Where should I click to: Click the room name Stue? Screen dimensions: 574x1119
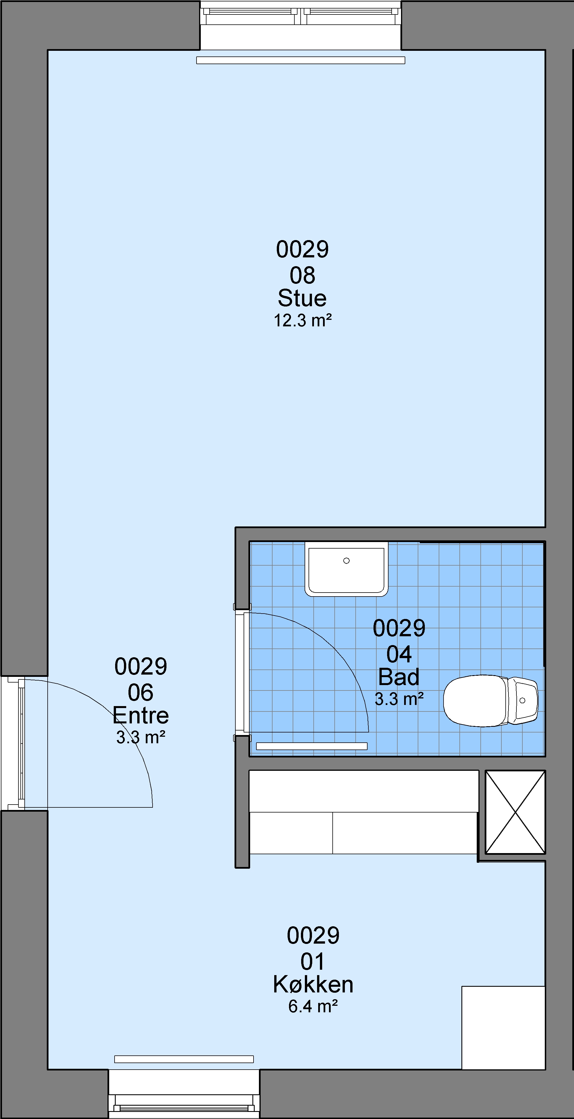tap(302, 298)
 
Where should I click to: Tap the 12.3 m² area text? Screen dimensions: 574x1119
tap(303, 321)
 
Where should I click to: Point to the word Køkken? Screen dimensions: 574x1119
tap(313, 984)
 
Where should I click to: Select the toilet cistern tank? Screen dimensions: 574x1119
tap(523, 700)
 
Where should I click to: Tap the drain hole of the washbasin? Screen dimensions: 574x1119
tap(347, 561)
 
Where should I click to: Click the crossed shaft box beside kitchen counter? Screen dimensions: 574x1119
tap(515, 812)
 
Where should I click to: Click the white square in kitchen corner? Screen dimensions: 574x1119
tap(503, 1027)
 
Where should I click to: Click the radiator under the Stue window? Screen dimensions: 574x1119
tap(300, 60)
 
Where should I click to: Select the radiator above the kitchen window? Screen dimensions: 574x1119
tap(184, 1059)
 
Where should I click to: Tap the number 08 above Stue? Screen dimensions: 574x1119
tap(302, 275)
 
